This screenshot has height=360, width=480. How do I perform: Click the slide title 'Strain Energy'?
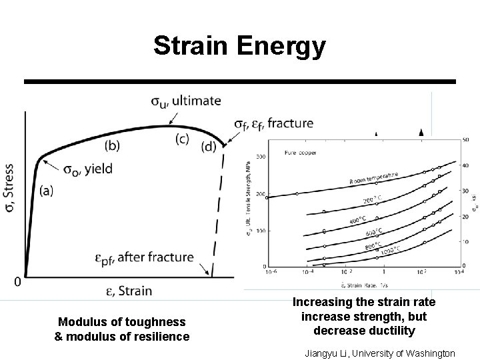239,46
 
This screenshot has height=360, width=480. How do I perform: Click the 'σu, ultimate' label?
185,101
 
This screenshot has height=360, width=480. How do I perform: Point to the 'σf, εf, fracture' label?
273,123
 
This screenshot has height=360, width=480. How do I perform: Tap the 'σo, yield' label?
88,169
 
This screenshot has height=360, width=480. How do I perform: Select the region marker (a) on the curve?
47,190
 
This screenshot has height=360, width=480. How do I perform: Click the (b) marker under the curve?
113,145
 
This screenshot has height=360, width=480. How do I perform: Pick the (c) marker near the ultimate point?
182,139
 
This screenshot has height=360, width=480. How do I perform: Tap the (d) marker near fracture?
209,146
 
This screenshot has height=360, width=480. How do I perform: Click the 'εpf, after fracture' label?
145,257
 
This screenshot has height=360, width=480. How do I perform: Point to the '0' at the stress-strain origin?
17,281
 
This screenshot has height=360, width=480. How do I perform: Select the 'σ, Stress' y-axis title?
9,189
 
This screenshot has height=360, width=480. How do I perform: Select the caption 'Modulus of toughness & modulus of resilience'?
121,329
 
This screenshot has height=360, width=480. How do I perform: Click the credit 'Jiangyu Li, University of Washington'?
379,353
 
